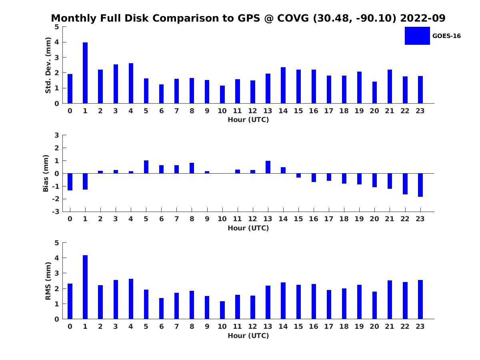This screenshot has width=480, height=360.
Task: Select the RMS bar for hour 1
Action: click(85, 287)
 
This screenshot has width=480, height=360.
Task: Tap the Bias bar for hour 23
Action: click(420, 185)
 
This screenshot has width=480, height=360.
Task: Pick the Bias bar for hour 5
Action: click(146, 167)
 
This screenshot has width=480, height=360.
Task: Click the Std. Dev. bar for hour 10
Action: click(222, 94)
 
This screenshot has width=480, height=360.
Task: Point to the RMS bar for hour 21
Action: click(390, 300)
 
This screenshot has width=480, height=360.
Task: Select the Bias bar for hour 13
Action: click(268, 167)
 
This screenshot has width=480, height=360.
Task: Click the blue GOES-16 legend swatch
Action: click(417, 36)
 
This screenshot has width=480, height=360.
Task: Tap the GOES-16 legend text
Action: click(446, 36)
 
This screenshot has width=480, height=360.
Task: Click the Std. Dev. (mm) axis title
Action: click(48, 65)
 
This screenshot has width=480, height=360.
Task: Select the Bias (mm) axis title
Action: click(46, 173)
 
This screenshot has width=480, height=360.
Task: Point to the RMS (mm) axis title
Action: click(48, 281)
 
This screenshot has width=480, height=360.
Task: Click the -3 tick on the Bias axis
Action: click(56, 212)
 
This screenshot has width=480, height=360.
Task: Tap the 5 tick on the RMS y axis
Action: click(57, 243)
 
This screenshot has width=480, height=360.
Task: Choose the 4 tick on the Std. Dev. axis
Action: click(57, 42)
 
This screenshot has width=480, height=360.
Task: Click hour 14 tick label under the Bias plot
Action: click(283, 219)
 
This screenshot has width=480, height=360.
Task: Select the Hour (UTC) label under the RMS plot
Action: click(248, 336)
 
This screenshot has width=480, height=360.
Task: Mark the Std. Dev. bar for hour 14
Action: click(283, 85)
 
